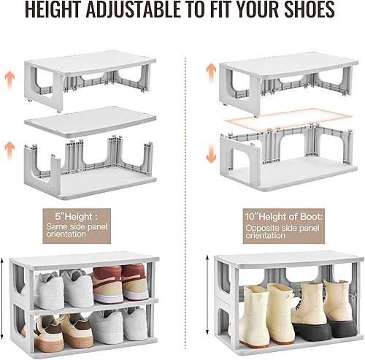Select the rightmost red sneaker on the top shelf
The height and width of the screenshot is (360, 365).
click(x=135, y=282)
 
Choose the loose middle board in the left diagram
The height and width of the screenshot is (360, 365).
click(x=87, y=122)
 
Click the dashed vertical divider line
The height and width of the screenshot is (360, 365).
click(x=182, y=183)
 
